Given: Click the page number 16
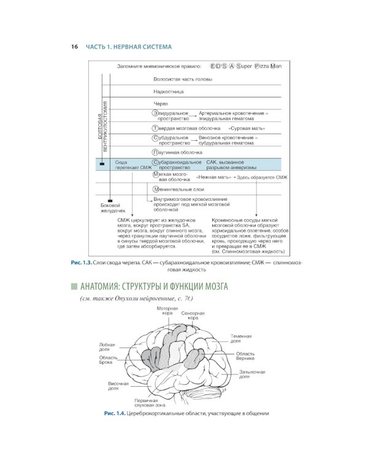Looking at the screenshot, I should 74,47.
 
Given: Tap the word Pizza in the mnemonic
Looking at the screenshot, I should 257,65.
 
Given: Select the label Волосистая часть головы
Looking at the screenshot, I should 183,80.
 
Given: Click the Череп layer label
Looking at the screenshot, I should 161,104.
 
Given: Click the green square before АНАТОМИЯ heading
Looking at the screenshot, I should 74,286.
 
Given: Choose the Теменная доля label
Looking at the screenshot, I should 241,339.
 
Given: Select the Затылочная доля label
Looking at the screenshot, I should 251,374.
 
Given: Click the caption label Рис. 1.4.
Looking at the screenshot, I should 115,413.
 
